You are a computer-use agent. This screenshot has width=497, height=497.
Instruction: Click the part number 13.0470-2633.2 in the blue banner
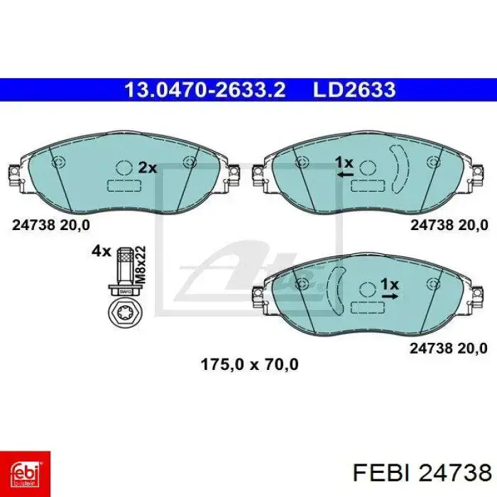tap(205, 90)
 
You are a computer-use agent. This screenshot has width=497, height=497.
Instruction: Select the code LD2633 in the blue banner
tap(354, 90)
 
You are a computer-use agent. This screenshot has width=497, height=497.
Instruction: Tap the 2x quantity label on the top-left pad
tap(148, 168)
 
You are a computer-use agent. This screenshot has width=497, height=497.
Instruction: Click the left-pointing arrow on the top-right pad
tap(345, 175)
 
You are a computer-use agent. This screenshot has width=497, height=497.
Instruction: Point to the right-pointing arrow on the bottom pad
tap(390, 296)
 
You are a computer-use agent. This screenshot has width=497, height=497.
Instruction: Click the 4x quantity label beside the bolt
tap(102, 251)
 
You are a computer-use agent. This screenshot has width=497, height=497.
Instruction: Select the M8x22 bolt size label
tap(140, 265)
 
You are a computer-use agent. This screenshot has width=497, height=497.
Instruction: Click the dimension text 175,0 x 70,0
tap(249, 364)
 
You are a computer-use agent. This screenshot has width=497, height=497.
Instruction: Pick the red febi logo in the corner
tap(25, 474)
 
